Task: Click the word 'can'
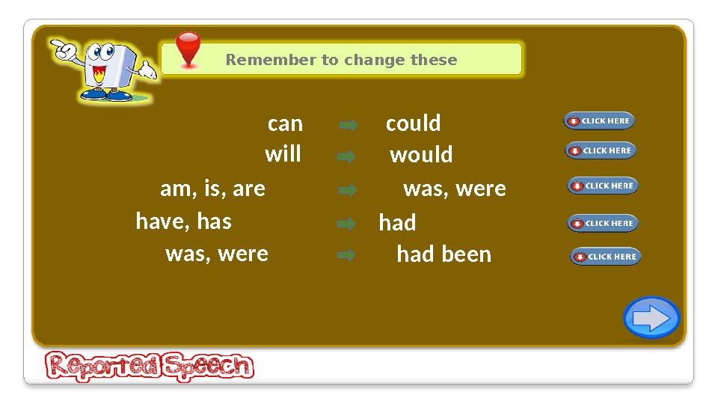[x=285, y=123]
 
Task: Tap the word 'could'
[x=413, y=123]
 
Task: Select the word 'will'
[x=283, y=154]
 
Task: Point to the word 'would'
[x=421, y=155]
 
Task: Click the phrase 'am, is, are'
[x=212, y=189]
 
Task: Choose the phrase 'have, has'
[x=183, y=221]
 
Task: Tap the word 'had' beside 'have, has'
[x=397, y=223]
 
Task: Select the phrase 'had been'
[x=444, y=254]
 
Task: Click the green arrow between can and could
[x=347, y=126]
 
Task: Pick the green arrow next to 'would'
[x=346, y=157]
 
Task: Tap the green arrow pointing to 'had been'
[x=346, y=255]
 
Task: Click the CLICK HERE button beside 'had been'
[x=605, y=257]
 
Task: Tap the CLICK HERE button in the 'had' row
[x=602, y=223]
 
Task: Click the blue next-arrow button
[x=651, y=318]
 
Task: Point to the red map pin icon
[x=188, y=49]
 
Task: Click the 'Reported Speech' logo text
[x=150, y=367]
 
